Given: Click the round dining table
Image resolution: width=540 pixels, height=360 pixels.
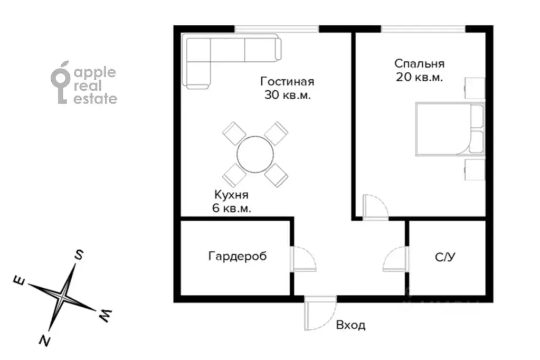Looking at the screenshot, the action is [x=255, y=154].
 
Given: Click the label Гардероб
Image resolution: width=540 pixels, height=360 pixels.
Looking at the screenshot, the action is [x=238, y=257].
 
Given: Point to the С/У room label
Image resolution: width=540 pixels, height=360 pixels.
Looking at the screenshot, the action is [x=446, y=257].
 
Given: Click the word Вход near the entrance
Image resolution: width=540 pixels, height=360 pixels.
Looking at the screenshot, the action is [x=350, y=325].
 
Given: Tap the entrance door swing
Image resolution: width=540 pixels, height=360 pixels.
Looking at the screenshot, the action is [x=320, y=313].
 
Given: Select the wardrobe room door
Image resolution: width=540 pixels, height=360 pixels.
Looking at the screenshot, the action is [x=303, y=259].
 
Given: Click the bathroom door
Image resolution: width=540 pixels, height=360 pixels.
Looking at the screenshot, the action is [x=396, y=259].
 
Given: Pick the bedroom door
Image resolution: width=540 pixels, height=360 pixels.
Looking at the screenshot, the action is [x=375, y=207].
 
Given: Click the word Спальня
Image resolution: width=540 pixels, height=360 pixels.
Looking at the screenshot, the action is [x=419, y=64].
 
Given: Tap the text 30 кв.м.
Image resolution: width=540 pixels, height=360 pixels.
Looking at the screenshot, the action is [x=288, y=94].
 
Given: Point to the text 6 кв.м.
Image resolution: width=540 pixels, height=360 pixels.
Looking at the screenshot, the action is [x=231, y=208].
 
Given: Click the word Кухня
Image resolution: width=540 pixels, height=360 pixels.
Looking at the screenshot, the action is [x=231, y=195].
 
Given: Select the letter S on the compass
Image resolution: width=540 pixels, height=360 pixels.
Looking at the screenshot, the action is [x=79, y=255].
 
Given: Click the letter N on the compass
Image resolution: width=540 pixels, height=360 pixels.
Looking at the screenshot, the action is [x=44, y=340].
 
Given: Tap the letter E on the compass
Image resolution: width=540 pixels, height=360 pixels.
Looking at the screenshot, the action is [x=20, y=281].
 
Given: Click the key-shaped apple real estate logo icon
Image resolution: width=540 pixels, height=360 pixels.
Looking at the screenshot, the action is [x=60, y=82].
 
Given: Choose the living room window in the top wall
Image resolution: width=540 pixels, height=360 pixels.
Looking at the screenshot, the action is [x=277, y=29].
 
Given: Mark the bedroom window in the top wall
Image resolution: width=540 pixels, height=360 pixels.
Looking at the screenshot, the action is [x=423, y=29].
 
